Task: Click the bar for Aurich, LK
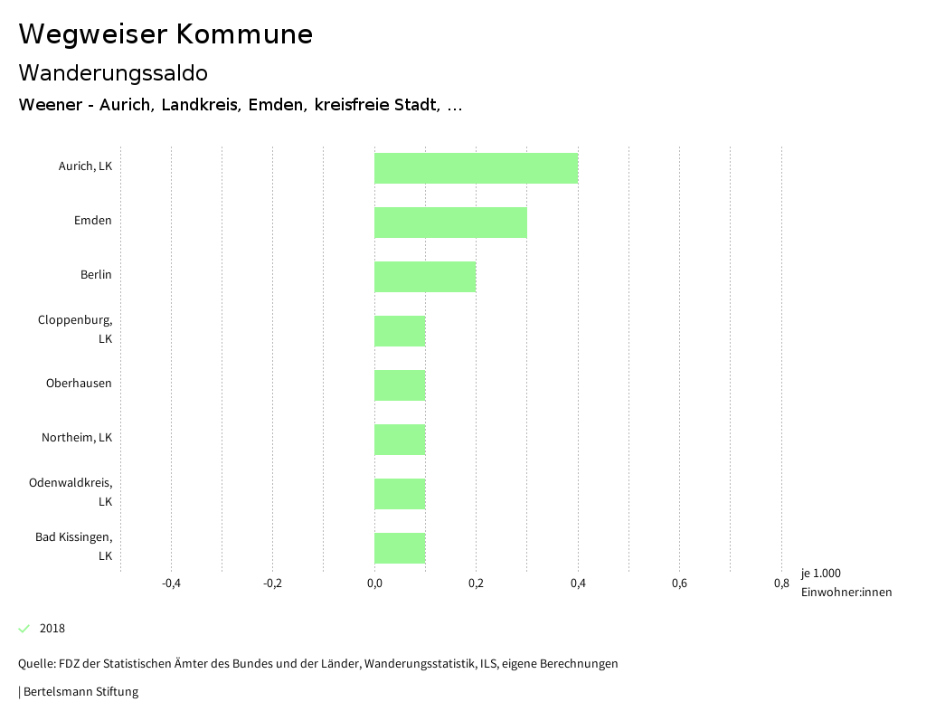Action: coord(476,168)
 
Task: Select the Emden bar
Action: coord(450,223)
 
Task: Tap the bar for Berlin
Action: coord(425,277)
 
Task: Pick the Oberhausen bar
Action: coord(400,385)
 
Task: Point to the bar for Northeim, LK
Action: coord(400,440)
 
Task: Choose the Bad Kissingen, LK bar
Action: coord(400,548)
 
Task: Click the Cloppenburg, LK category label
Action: coord(76,329)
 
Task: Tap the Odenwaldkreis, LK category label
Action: coord(71,491)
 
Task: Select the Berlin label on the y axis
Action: coord(96,274)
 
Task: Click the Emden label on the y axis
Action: coord(93,220)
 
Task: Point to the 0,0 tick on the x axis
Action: coord(374,583)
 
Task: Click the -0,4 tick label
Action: coord(171,583)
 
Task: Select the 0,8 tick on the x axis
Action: coord(781,583)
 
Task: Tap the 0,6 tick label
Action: coord(679,583)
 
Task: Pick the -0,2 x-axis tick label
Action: coord(272,583)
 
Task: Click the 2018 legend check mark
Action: coord(24,629)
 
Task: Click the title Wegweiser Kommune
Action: coord(165,33)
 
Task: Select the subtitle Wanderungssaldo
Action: coord(113,72)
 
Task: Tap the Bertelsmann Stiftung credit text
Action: coord(80,692)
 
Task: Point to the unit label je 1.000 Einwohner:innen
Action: coord(846,583)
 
